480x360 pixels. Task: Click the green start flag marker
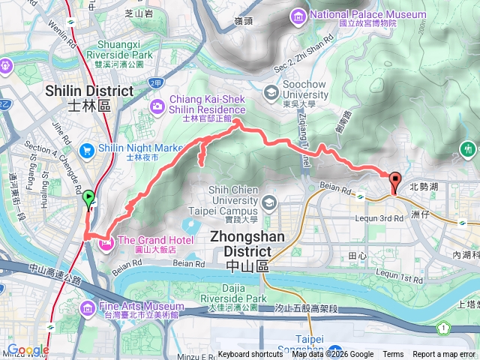89,199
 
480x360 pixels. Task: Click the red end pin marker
394,181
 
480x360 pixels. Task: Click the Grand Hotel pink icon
105,242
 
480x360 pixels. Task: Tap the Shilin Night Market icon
88,149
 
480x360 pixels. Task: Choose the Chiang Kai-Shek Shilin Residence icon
157,106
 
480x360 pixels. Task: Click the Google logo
28,350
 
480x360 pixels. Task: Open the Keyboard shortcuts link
250,355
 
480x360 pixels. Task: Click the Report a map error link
444,355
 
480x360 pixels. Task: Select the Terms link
393,355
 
